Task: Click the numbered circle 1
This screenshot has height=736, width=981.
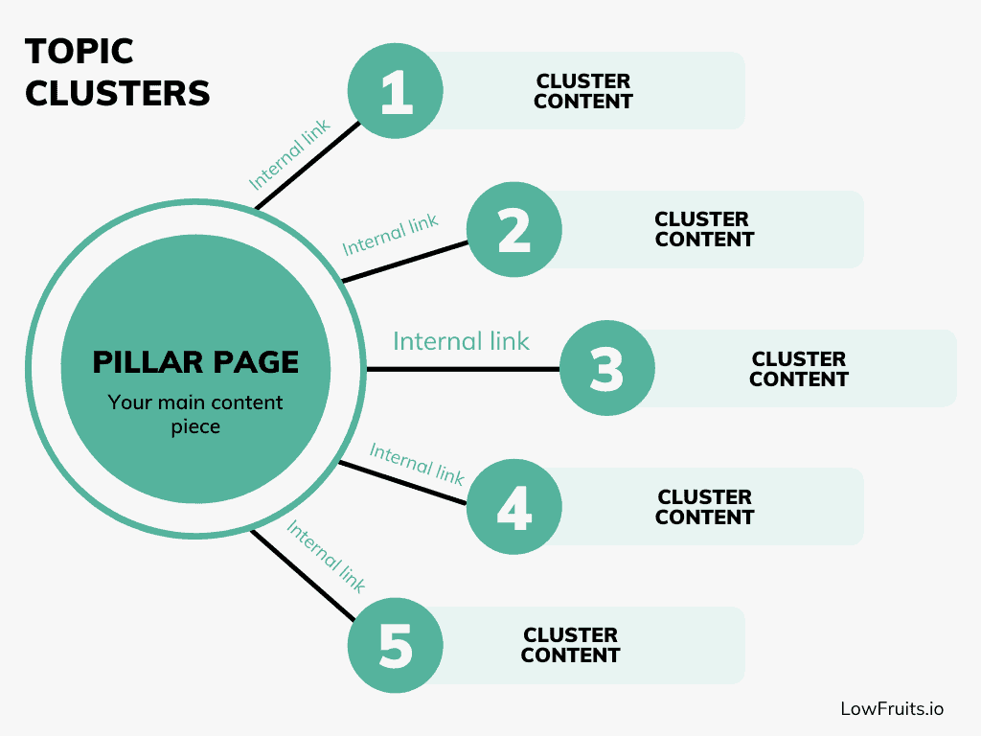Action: pyautogui.click(x=395, y=91)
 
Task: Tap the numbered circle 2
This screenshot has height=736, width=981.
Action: pyautogui.click(x=514, y=230)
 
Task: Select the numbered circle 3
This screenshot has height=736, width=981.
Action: pyautogui.click(x=606, y=369)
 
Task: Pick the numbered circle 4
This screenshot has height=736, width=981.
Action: pyautogui.click(x=514, y=507)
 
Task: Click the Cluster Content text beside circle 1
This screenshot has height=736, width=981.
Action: pyautogui.click(x=583, y=91)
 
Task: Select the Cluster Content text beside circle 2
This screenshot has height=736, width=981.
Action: pyautogui.click(x=704, y=230)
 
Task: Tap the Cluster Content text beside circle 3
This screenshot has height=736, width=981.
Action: pyautogui.click(x=799, y=369)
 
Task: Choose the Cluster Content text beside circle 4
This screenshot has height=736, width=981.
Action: pyautogui.click(x=705, y=507)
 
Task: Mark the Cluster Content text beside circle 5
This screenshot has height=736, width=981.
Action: pyautogui.click(x=570, y=645)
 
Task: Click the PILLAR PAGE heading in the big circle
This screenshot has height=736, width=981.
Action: pyautogui.click(x=195, y=362)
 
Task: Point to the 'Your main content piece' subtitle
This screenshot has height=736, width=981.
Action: pyautogui.click(x=195, y=414)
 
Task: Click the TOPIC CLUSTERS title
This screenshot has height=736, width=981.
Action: pyautogui.click(x=117, y=72)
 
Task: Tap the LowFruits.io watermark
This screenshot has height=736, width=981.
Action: pyautogui.click(x=892, y=708)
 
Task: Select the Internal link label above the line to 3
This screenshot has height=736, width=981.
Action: pyautogui.click(x=461, y=341)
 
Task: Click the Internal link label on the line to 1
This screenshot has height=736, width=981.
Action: pyautogui.click(x=289, y=153)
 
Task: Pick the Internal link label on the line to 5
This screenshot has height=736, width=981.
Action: pyautogui.click(x=326, y=557)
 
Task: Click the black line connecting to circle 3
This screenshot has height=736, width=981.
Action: pyautogui.click(x=460, y=369)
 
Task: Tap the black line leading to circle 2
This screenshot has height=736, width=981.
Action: pyautogui.click(x=404, y=261)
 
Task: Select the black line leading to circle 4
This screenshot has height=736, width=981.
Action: pyautogui.click(x=402, y=481)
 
